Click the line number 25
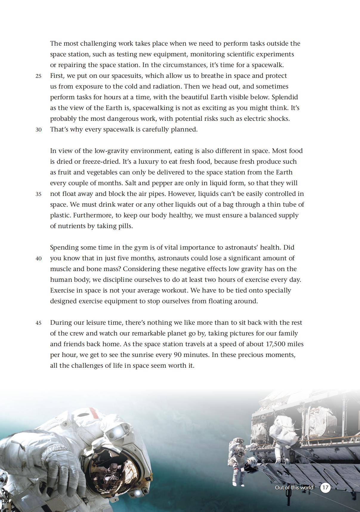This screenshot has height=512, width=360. pos(38,76)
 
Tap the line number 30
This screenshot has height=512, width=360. pos(38,130)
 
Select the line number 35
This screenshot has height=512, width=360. pos(38,194)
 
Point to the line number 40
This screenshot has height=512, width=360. pos(38,259)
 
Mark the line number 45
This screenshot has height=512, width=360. pos(38,323)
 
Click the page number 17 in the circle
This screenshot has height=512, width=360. pos(325,488)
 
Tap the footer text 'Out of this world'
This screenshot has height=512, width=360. pos(294,488)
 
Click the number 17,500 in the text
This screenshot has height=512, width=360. pos(277,344)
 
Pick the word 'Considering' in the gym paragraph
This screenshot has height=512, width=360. pos(141,269)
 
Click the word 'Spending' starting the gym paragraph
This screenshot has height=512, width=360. pos(64,248)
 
